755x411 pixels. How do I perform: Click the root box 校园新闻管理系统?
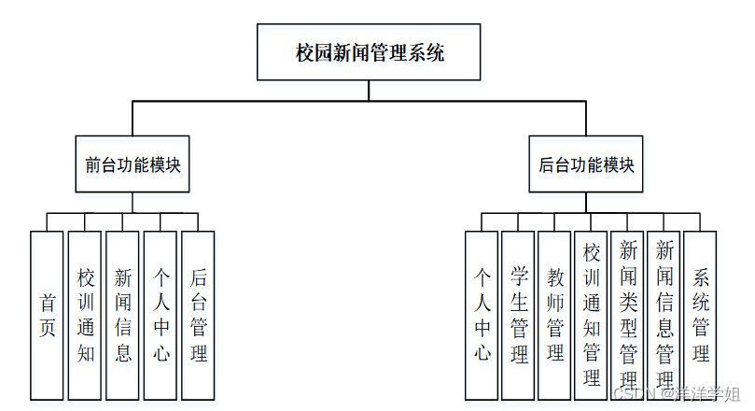tap(370, 53)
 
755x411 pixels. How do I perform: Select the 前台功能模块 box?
tap(133, 164)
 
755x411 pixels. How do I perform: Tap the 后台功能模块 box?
tap(586, 164)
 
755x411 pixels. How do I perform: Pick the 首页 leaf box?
tap(47, 315)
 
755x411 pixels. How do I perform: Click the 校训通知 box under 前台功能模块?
tap(85, 315)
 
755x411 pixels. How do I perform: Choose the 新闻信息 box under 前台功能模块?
tap(123, 315)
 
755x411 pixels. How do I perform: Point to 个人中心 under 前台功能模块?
tap(161, 315)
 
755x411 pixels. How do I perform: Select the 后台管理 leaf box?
tap(198, 315)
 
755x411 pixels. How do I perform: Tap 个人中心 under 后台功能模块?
tap(482, 315)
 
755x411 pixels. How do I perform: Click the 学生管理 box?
tap(519, 315)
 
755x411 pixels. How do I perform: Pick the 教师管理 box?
tap(555, 315)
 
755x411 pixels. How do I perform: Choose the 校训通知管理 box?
tap(592, 315)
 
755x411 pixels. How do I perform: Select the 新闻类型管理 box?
tap(628, 315)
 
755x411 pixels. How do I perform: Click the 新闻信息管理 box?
tap(664, 315)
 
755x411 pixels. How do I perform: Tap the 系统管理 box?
tap(701, 315)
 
